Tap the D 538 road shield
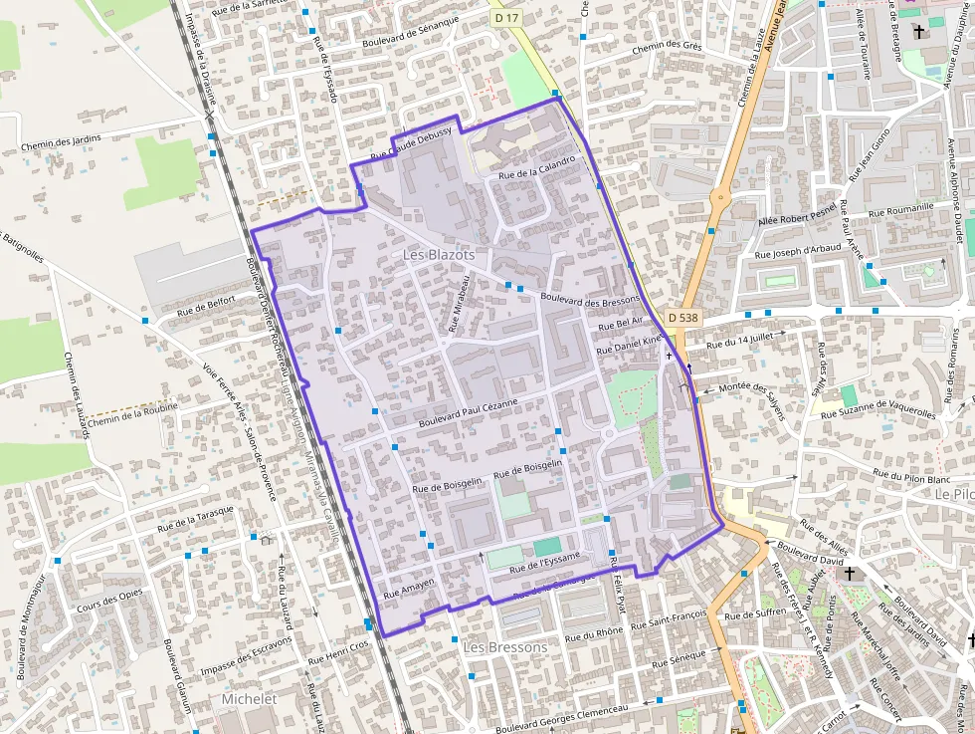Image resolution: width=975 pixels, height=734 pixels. [x=683, y=317]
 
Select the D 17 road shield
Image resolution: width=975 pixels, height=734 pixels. [x=506, y=18]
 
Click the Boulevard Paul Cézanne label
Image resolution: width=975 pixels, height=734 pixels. [x=469, y=413]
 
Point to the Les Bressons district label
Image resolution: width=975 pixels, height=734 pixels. [x=505, y=647]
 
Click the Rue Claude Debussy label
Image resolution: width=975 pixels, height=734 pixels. [x=411, y=144]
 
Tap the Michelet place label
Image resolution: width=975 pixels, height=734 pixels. [x=249, y=699]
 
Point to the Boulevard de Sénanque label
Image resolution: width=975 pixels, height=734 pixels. [x=411, y=33]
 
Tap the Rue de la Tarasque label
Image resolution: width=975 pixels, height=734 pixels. [x=195, y=518]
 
